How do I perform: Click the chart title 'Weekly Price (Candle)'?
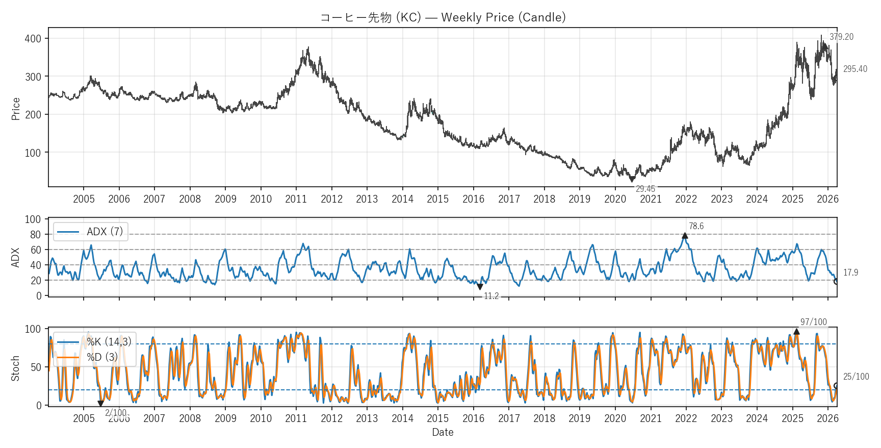[443, 17]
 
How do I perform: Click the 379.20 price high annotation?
[841, 37]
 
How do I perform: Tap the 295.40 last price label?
[855, 69]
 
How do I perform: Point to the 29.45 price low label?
[645, 189]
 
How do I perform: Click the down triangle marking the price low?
[632, 179]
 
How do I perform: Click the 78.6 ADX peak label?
[696, 226]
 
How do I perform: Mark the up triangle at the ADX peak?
[685, 236]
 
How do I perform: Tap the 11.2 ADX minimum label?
[491, 296]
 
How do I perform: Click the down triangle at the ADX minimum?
[480, 287]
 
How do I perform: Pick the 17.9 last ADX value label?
[850, 272]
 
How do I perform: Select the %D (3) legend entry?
[102, 357]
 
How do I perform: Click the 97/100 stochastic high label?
[813, 322]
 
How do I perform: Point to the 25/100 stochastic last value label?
[856, 377]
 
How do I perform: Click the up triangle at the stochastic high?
[796, 332]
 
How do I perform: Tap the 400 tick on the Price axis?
[33, 39]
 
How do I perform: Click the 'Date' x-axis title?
[443, 432]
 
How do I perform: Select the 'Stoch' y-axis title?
[15, 368]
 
